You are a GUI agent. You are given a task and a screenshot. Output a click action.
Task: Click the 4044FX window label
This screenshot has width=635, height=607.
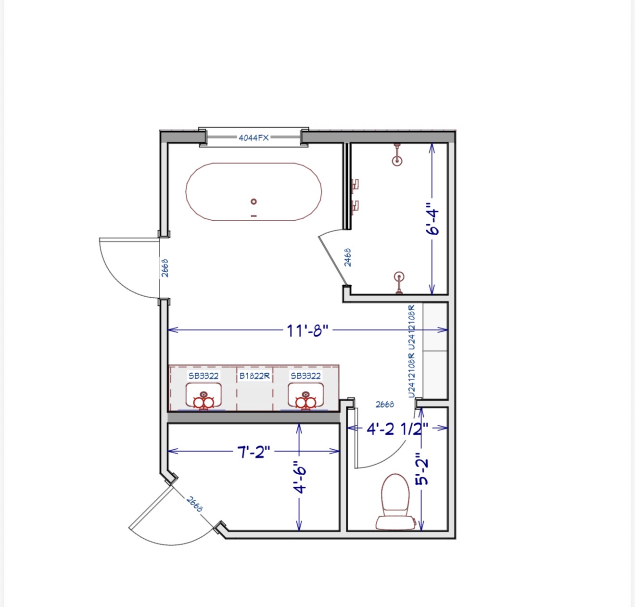click(x=254, y=138)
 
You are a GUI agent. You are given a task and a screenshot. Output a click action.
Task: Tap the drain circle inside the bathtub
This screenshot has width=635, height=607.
click(x=254, y=202)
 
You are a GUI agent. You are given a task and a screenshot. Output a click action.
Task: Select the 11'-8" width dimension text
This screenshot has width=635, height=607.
click(x=307, y=330)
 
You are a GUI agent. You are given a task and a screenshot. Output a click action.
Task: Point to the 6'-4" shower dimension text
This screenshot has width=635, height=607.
click(x=432, y=219)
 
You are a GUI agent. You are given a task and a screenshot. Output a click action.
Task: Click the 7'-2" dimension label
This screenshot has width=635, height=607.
click(x=254, y=452)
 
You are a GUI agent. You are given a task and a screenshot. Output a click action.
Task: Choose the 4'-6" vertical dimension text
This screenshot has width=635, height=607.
click(x=300, y=477)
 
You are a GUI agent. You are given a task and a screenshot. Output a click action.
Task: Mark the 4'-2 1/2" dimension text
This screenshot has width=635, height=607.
click(x=397, y=429)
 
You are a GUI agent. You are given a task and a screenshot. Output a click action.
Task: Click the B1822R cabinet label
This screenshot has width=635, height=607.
click(x=254, y=376)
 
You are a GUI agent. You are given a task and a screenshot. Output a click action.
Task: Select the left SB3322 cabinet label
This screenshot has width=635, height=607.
click(x=203, y=376)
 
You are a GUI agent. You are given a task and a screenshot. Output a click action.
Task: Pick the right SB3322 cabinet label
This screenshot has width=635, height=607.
click(x=306, y=376)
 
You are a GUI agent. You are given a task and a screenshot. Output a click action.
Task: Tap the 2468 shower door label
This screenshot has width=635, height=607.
click(x=348, y=257)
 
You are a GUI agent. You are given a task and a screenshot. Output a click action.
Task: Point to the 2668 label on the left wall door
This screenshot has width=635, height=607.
click(x=165, y=268)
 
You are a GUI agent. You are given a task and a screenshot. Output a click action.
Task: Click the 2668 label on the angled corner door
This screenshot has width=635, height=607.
click(x=194, y=504)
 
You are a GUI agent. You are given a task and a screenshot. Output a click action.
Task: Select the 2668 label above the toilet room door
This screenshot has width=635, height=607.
click(x=385, y=405)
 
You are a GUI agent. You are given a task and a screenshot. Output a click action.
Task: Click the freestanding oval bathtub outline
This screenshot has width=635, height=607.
click(x=186, y=192)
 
